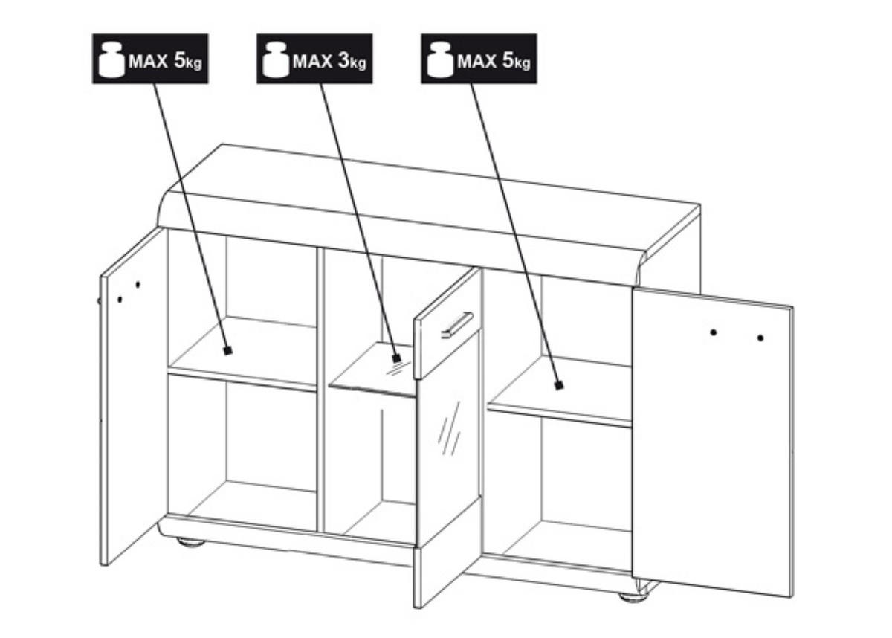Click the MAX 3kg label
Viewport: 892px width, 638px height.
pos(314,59)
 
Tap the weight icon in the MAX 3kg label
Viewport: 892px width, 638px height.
pos(276,59)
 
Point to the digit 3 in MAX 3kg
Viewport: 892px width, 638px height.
pos(343,60)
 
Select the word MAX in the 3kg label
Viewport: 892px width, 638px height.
pos(313,61)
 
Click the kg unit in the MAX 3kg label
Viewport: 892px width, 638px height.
pos(358,63)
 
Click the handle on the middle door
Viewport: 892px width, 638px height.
pos(457,325)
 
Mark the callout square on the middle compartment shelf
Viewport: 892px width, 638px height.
pos(395,358)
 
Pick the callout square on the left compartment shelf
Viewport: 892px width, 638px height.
pos(227,351)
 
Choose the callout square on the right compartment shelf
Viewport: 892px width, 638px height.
pos(559,385)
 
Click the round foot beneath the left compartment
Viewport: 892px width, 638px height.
pos(190,541)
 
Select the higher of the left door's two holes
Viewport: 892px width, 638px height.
pos(138,284)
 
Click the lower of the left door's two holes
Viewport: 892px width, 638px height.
pos(120,300)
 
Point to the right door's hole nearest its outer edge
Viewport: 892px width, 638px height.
pos(760,338)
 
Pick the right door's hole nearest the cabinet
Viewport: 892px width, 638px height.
pos(713,332)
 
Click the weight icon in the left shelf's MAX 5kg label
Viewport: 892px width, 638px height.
pos(111,59)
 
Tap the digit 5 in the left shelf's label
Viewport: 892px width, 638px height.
pos(180,60)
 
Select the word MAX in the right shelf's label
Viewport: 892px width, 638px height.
pos(477,61)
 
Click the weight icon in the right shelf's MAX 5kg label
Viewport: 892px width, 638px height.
pos(440,59)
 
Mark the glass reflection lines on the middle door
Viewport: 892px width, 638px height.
pos(449,428)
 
